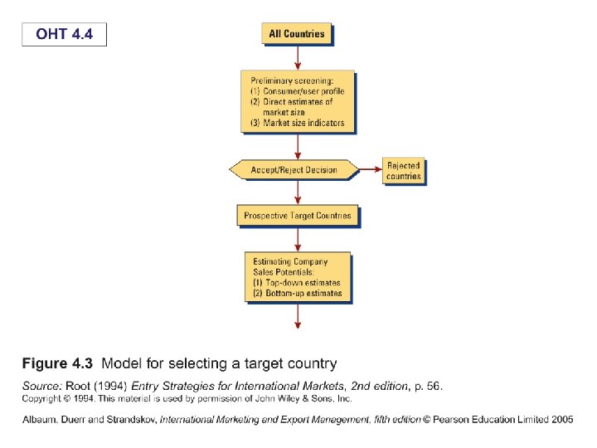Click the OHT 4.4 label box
63,34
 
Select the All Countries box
297,34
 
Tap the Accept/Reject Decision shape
294,170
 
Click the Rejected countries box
404,171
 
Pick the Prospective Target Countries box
297,216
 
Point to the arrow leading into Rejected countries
369,170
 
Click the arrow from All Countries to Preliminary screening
298,56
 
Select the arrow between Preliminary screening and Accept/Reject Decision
298,146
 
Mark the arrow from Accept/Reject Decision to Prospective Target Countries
298,192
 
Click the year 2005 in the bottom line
561,420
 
